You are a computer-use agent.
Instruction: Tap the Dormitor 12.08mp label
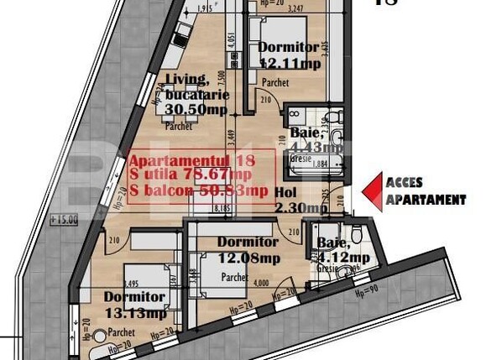248,249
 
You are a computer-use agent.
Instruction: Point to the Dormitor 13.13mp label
134,305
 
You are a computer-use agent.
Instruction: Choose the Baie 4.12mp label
342,250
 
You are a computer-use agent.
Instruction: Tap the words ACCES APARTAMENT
425,191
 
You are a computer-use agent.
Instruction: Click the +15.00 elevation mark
64,220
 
